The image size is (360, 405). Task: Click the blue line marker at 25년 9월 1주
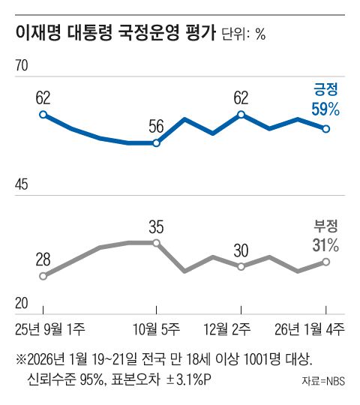(43, 115)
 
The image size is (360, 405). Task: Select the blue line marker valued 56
(156, 142)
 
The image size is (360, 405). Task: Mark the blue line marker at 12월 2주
(241, 115)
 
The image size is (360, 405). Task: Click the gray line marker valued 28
(43, 276)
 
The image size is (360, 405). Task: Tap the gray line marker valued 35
(156, 243)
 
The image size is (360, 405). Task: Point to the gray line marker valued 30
(241, 266)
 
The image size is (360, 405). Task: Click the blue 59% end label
(325, 108)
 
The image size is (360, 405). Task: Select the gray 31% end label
(325, 244)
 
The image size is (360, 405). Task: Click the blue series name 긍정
(325, 89)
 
